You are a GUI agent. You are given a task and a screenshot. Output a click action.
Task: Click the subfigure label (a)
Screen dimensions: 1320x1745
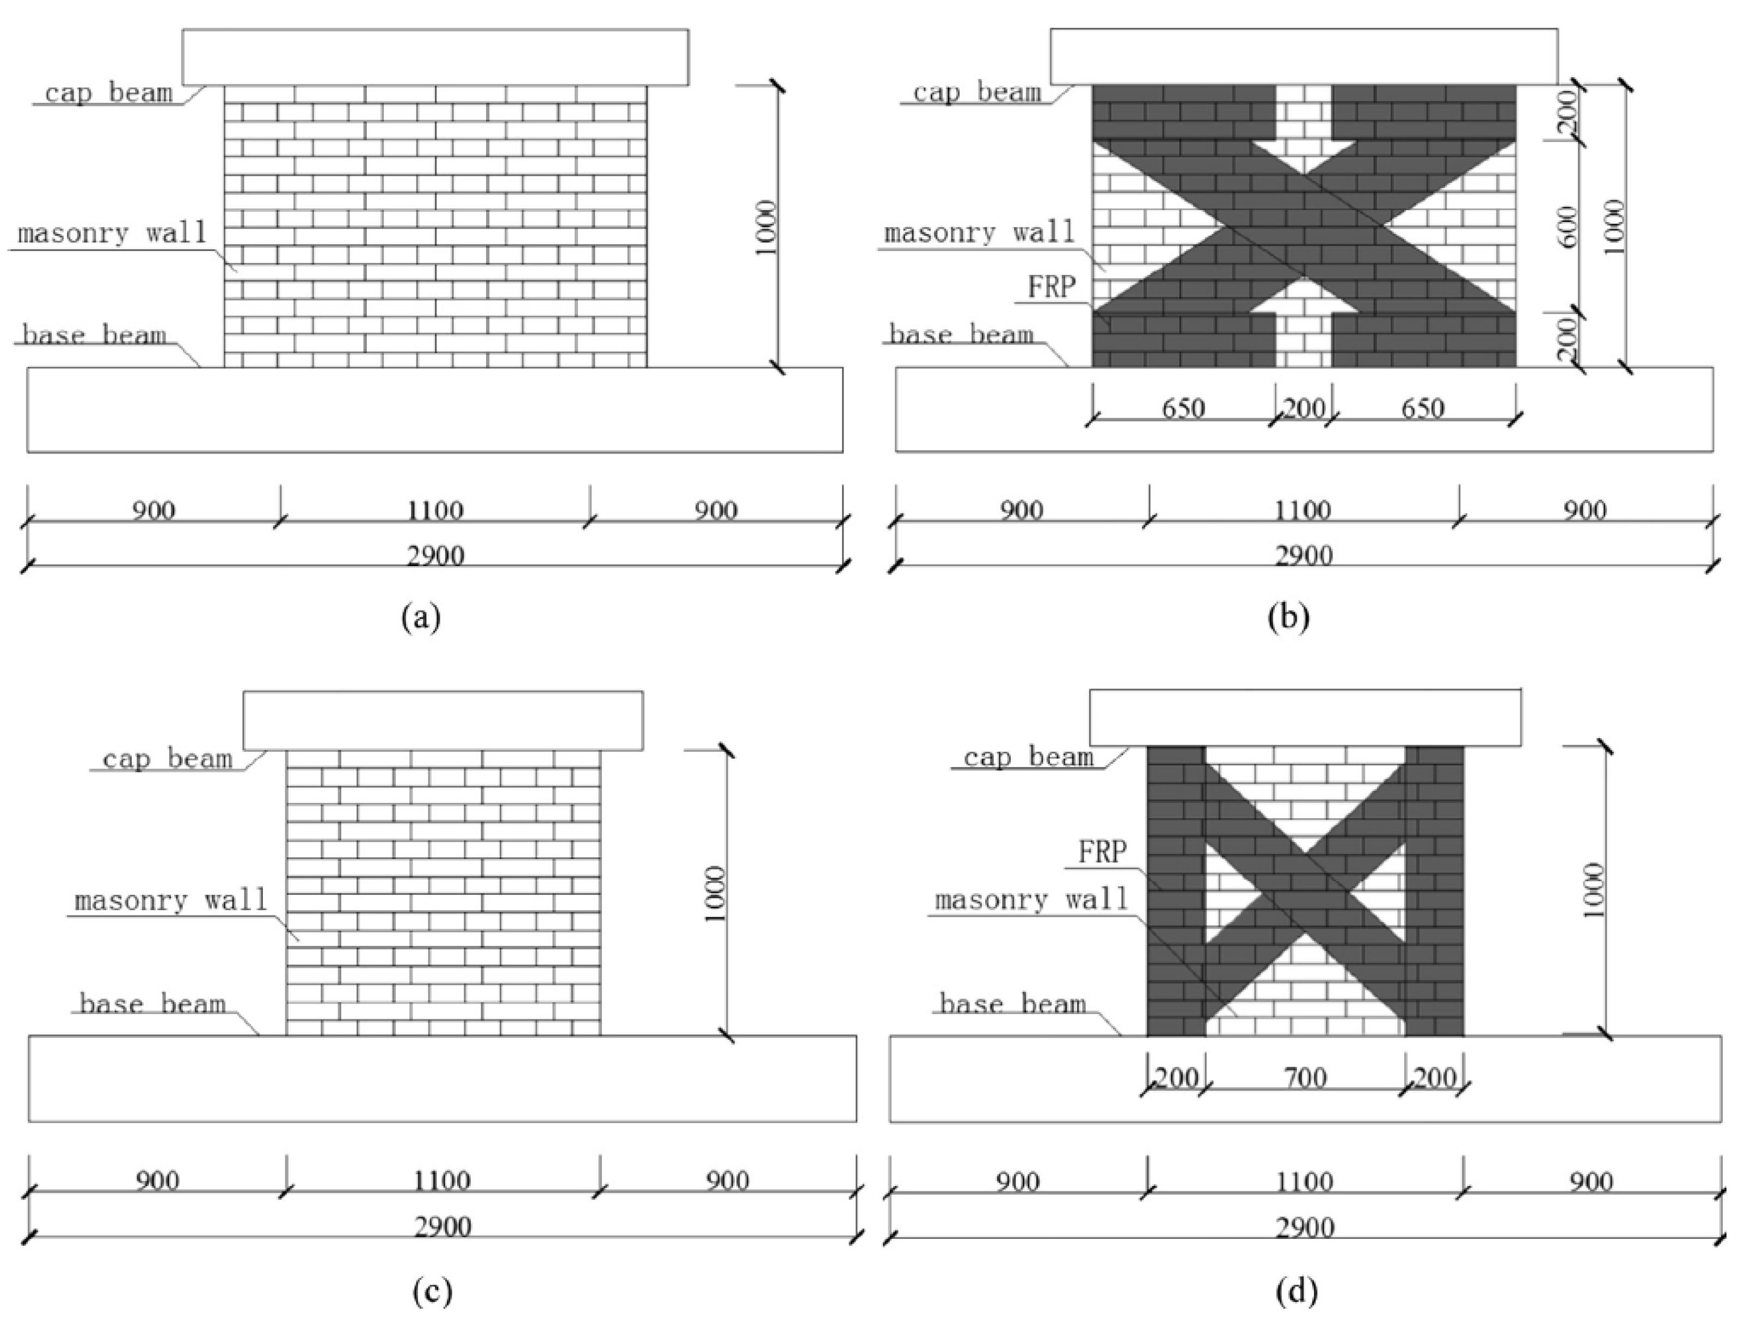click(421, 616)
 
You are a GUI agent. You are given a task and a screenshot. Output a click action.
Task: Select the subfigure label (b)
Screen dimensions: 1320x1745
click(1288, 616)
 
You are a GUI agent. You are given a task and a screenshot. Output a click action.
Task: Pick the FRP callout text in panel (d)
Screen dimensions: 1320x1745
click(1103, 852)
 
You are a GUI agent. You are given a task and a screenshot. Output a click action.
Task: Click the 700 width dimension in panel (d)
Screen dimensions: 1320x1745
click(1305, 1077)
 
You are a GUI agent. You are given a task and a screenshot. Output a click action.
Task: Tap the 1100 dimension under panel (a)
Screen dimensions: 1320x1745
click(435, 511)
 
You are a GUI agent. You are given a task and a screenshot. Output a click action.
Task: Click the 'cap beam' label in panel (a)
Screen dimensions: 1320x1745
click(109, 93)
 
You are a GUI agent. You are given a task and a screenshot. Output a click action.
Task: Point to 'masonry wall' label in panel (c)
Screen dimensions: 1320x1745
click(171, 900)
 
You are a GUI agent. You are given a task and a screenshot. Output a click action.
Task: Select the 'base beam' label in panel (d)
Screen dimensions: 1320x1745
click(1013, 1004)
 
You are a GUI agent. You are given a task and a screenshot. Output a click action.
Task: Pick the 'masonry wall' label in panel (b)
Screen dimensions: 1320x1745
click(979, 233)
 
